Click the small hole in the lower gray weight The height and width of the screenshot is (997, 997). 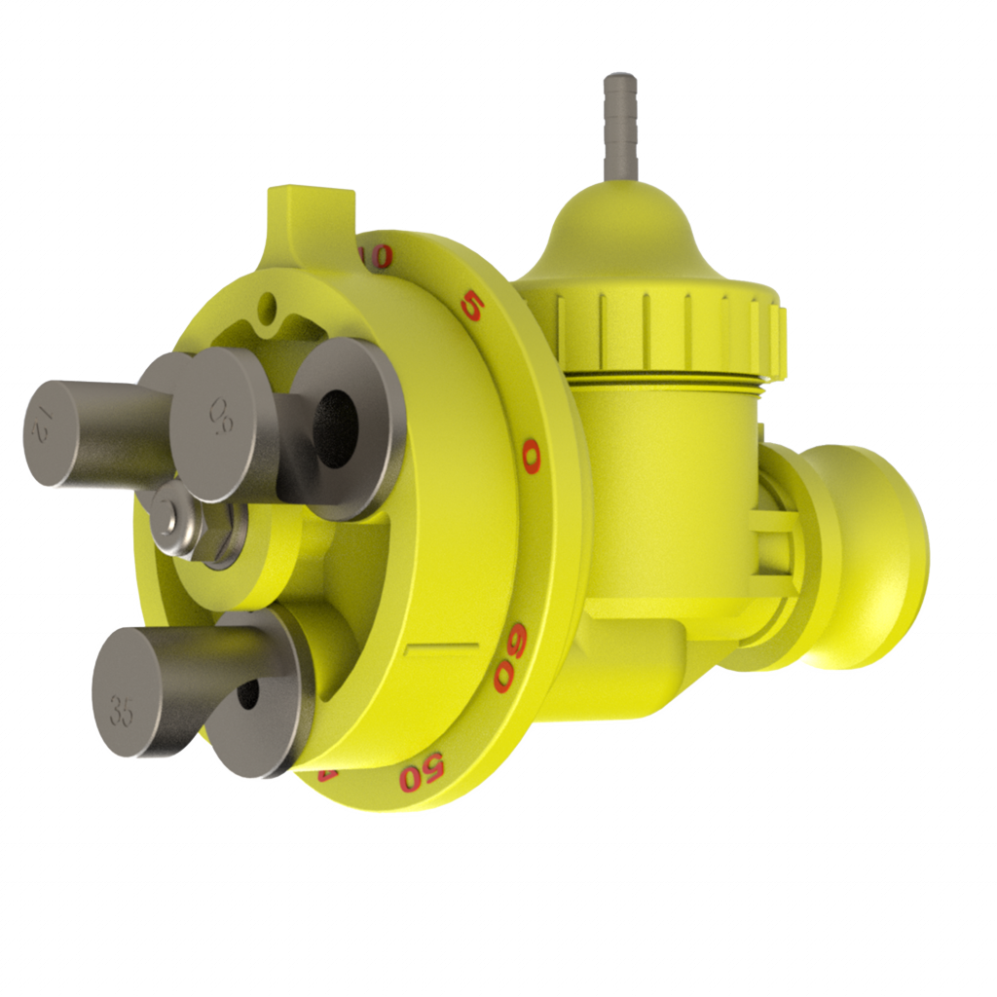[x=247, y=692]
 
